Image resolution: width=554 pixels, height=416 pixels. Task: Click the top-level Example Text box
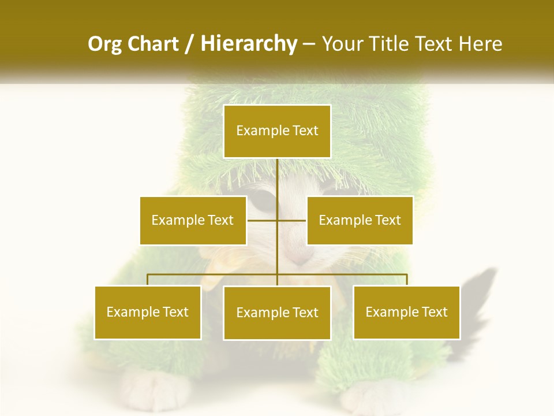(277, 131)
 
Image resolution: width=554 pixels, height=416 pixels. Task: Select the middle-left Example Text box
(193, 220)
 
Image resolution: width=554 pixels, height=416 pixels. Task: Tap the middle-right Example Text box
(360, 220)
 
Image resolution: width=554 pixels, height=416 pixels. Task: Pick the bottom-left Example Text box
(148, 312)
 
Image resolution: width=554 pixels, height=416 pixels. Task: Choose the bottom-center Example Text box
(277, 313)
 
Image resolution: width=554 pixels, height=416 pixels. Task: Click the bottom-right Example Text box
(406, 312)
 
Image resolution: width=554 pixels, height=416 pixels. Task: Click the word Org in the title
(104, 44)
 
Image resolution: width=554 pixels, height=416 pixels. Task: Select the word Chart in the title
(153, 44)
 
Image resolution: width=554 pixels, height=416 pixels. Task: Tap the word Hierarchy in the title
(248, 44)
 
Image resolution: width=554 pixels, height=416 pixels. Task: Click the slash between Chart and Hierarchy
(189, 44)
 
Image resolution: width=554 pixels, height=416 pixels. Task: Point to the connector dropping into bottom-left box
(148, 280)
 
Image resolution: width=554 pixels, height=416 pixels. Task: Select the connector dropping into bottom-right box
(406, 280)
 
